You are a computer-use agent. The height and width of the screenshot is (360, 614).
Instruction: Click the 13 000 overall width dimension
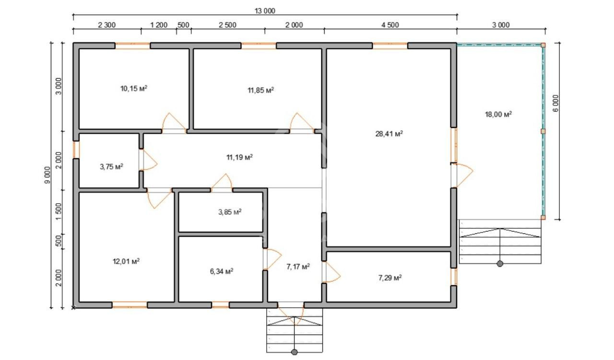[265, 11]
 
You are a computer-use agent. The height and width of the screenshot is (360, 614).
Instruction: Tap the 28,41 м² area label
[389, 134]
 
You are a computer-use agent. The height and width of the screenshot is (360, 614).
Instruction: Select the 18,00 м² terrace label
[498, 114]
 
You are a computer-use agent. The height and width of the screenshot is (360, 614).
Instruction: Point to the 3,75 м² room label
[111, 166]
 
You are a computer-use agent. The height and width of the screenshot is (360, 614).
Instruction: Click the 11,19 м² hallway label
[239, 157]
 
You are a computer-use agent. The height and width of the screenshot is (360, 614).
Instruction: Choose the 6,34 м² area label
[222, 271]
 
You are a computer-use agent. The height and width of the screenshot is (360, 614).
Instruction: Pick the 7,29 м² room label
[390, 278]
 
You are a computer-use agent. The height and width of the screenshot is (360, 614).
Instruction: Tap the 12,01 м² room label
[126, 261]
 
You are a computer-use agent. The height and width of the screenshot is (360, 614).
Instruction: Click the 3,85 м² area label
[230, 212]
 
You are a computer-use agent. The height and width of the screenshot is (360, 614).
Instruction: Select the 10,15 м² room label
[134, 88]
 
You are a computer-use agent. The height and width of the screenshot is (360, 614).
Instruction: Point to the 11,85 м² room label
[260, 90]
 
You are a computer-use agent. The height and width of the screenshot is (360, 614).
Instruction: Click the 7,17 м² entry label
[298, 267]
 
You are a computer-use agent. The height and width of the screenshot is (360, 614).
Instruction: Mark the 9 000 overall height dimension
[47, 175]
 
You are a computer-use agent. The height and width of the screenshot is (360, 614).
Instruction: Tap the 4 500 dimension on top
[390, 25]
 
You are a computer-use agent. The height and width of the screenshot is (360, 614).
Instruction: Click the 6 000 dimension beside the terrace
[555, 103]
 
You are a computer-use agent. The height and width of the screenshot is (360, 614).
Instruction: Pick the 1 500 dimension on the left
[59, 211]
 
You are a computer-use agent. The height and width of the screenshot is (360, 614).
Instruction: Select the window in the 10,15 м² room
[132, 46]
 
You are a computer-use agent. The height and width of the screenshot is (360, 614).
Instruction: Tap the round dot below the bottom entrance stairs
[295, 352]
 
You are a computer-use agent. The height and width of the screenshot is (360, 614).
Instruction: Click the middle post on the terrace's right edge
[543, 131]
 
